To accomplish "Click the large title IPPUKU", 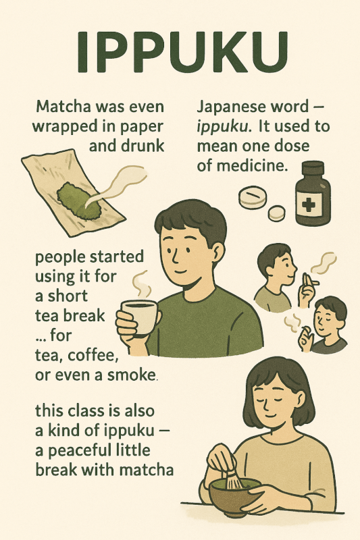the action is (182, 53).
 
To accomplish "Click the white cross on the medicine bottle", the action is (309, 205).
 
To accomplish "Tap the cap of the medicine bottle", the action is (313, 167).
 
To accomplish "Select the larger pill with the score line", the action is (253, 196).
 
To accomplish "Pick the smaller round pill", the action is (277, 213).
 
